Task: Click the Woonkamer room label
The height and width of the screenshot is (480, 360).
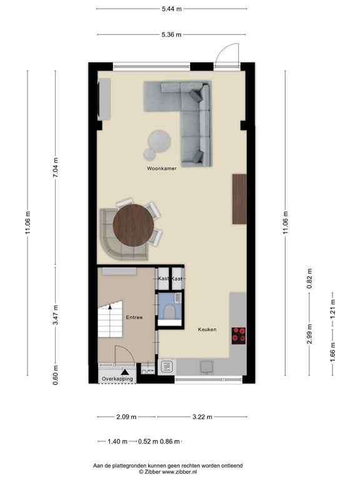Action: coord(161,169)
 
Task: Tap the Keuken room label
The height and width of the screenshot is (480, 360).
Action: coord(207,329)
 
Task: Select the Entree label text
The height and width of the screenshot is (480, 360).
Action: coord(134,317)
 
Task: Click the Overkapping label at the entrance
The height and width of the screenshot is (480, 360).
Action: coord(117,379)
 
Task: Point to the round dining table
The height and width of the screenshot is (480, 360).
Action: coord(134,226)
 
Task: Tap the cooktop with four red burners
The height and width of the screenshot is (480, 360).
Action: coord(239,336)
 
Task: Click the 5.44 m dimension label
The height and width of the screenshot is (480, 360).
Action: coord(171,9)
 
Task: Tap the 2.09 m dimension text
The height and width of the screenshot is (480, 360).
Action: coord(127,417)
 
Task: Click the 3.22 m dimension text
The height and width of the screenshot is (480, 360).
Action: coord(201,417)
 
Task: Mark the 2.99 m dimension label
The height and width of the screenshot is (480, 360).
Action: coord(308,334)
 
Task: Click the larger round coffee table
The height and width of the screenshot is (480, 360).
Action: coord(159,139)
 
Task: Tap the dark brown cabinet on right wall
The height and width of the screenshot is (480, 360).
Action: coord(239,199)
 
